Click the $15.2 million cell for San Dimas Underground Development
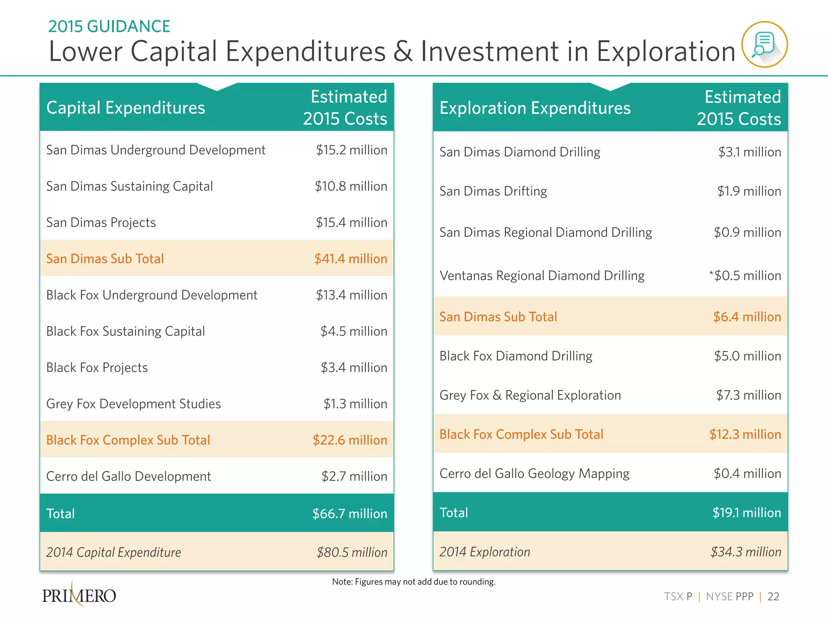click(351, 150)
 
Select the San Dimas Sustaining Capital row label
click(129, 186)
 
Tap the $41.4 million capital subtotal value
click(351, 259)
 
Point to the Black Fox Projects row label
click(97, 368)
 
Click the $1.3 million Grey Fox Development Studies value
click(355, 404)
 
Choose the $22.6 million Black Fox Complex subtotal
click(350, 440)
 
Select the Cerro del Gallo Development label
click(129, 476)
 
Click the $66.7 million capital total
click(350, 513)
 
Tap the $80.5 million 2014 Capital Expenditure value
click(352, 552)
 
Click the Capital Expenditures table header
click(126, 108)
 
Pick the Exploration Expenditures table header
click(535, 108)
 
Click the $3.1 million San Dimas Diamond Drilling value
click(750, 152)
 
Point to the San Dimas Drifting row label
click(493, 191)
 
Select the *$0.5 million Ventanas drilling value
click(745, 276)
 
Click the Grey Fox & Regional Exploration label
click(530, 395)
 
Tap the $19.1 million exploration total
click(746, 513)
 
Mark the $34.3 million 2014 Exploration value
click(746, 552)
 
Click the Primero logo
click(79, 595)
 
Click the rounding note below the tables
click(414, 582)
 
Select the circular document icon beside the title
click(764, 44)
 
